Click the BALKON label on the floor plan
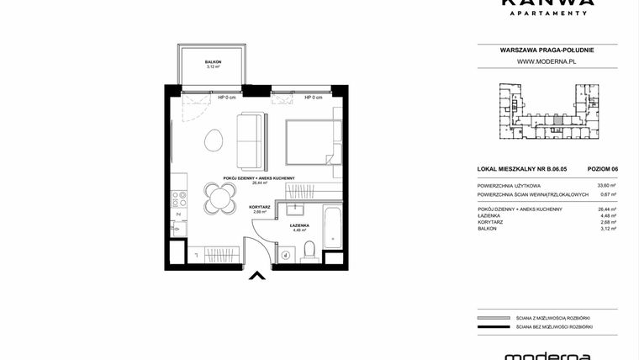(x=212, y=62)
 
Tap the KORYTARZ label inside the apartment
(x=260, y=207)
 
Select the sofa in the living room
(x=251, y=142)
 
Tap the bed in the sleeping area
(x=311, y=144)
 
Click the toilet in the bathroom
(x=309, y=250)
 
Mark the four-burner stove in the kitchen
(x=179, y=199)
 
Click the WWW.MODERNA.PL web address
(x=546, y=61)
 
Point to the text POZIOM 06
(x=601, y=169)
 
